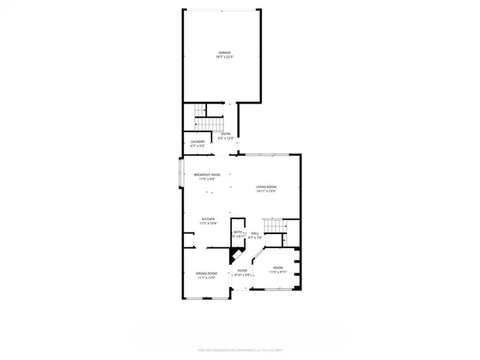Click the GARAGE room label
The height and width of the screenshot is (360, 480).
pos(223,52)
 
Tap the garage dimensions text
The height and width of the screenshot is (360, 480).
pos(223,57)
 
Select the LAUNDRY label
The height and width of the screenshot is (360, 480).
pos(198,141)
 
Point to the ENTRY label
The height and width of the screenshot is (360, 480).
pos(226,133)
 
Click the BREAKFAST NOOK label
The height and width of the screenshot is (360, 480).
pos(207,175)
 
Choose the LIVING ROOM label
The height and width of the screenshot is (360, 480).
pos(266,187)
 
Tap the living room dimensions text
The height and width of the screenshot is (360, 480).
pos(266,191)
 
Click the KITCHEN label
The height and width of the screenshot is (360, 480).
pos(207,220)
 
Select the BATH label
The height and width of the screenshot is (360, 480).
pos(238,232)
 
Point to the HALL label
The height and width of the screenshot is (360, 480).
pos(255,232)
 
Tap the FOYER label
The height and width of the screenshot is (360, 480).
pos(242,270)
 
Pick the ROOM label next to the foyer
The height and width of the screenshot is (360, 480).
pos(278,268)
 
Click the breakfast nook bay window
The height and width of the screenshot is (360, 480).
pos(180,173)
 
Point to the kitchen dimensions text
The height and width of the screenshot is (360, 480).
pos(207,224)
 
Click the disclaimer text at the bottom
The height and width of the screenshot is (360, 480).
pos(240,349)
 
